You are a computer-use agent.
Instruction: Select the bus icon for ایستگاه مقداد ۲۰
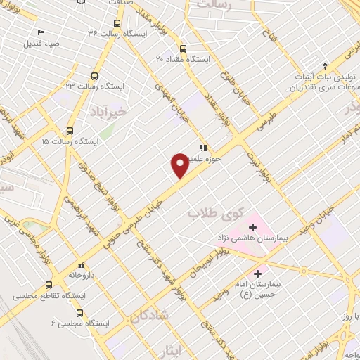pyautogui.click(x=184, y=49)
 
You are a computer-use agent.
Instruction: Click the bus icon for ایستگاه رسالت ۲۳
pyautogui.click(x=95, y=76)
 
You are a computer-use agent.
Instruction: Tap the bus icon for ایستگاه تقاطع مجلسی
pyautogui.click(x=49, y=285)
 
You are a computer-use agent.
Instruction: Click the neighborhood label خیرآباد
pyautogui.click(x=112, y=111)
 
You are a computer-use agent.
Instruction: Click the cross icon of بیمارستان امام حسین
pyautogui.click(x=257, y=273)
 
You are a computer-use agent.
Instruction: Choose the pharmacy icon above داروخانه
pyautogui.click(x=82, y=265)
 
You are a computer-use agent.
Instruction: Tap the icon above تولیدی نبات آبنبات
pyautogui.click(x=324, y=64)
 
